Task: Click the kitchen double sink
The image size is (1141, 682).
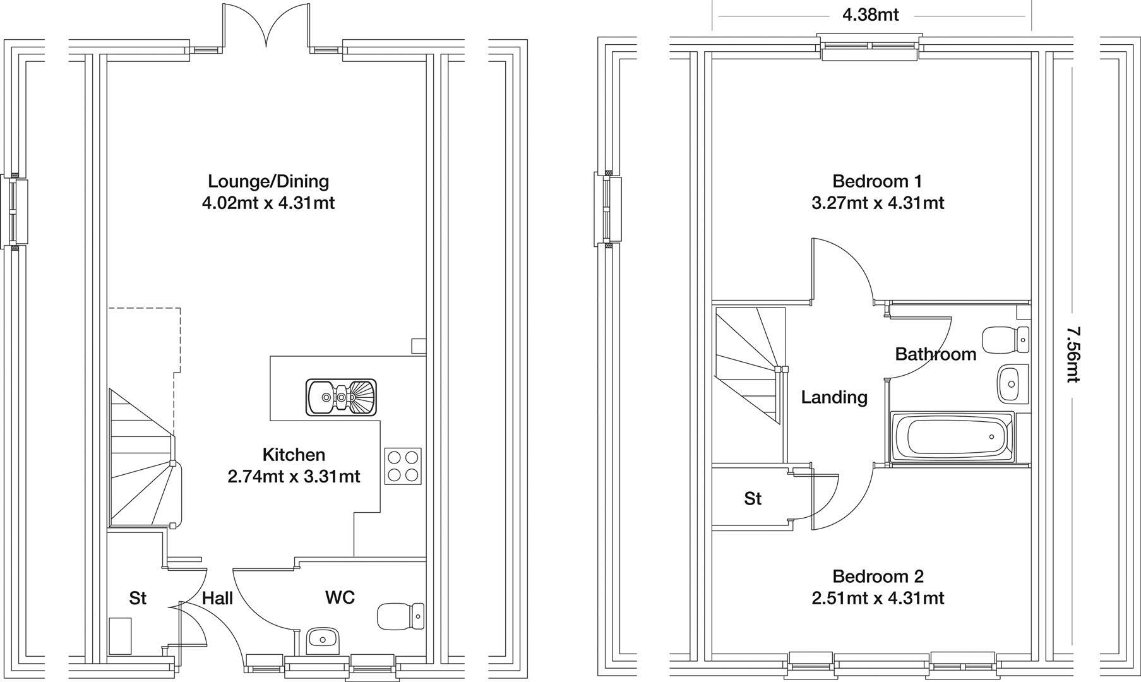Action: click(x=341, y=397)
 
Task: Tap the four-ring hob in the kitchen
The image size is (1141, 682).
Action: click(x=403, y=466)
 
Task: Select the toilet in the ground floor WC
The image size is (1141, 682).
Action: click(x=400, y=616)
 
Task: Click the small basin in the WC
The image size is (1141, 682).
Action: click(x=323, y=640)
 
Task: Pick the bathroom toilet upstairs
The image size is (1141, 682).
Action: click(x=1006, y=340)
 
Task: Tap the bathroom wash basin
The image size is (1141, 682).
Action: click(x=1013, y=383)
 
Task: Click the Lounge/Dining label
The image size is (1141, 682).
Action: click(x=268, y=182)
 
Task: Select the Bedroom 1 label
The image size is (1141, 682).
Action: click(x=877, y=182)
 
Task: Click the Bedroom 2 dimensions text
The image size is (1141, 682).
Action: click(x=878, y=598)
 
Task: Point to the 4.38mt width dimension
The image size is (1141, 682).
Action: click(x=870, y=15)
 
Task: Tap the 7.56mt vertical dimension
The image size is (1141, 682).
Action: click(x=1073, y=354)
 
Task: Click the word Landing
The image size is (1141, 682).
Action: click(x=834, y=397)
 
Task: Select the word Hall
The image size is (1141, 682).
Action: click(x=217, y=598)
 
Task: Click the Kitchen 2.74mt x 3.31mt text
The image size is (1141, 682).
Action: click(x=294, y=465)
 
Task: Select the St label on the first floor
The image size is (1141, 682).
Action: click(x=753, y=499)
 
